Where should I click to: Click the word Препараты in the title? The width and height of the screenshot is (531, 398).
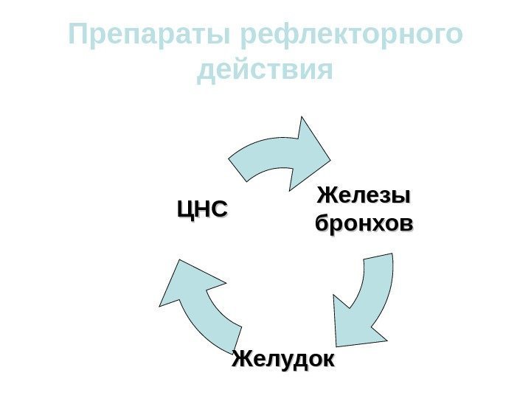pyautogui.click(x=150, y=35)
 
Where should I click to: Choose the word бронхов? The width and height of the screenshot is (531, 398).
pyautogui.click(x=364, y=223)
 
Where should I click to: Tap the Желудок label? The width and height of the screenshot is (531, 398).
pyautogui.click(x=283, y=360)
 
